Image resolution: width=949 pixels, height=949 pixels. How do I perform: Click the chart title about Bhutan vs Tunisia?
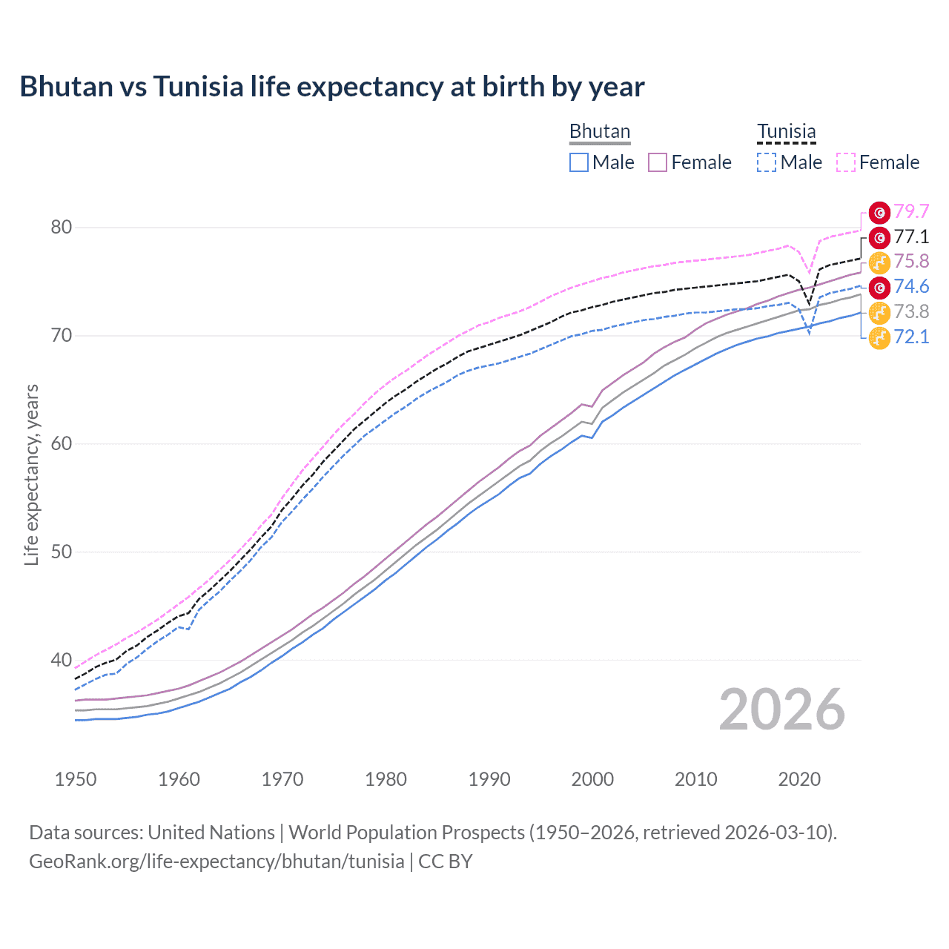331,87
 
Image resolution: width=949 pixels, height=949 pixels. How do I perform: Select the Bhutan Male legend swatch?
579,162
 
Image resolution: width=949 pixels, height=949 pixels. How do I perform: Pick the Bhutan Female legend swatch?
658,162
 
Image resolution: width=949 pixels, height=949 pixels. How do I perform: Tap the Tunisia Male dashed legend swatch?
767,162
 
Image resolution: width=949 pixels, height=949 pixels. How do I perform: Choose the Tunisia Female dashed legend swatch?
845,162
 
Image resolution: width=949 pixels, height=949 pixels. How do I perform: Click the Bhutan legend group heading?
599,132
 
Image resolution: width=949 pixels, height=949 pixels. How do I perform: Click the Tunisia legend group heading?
786,132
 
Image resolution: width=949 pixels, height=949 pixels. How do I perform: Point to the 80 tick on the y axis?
62,227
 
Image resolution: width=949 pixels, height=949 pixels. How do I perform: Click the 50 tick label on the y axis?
62,552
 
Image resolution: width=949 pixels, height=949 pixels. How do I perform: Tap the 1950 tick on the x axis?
76,779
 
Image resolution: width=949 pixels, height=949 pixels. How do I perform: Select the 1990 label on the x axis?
489,779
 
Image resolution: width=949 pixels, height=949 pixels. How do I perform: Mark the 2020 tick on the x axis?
799,779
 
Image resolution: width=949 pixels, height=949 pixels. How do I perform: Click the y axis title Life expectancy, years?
31,474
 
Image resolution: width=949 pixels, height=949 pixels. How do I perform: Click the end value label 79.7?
911,211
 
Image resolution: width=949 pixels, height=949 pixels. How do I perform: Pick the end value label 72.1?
911,337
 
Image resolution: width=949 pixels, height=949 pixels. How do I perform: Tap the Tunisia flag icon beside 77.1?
879,237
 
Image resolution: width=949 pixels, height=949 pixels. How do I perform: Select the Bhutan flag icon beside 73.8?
879,312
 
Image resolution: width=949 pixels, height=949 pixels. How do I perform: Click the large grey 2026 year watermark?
781,710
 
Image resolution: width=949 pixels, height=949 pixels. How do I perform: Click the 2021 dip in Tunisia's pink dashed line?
810,274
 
